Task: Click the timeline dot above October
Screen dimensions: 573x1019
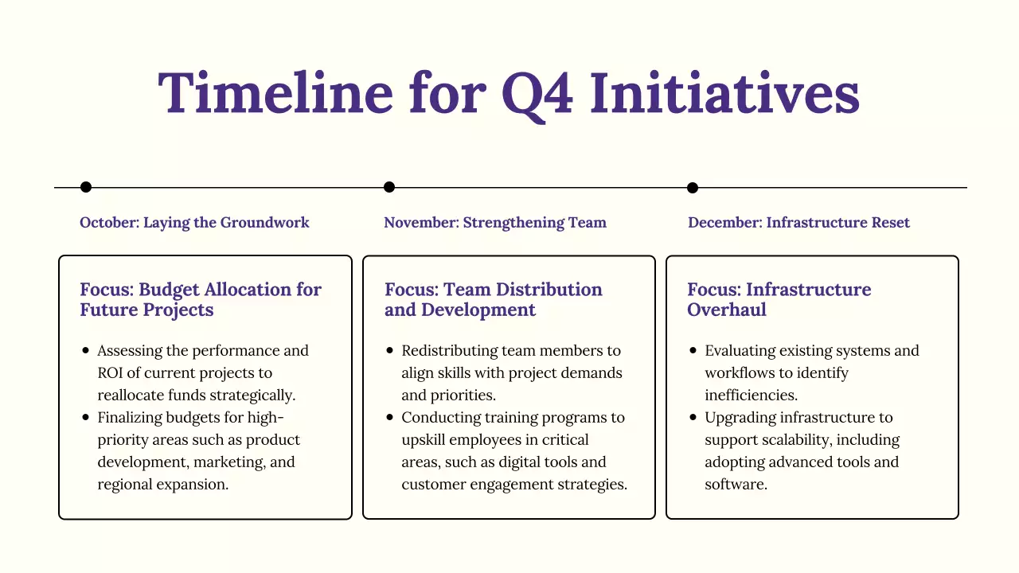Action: (86, 187)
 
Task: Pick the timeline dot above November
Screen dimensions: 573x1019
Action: (389, 187)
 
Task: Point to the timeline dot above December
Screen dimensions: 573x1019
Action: (693, 188)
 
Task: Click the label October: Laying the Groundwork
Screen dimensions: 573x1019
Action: (194, 223)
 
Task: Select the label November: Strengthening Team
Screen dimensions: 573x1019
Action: (495, 223)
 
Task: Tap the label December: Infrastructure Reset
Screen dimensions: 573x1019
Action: (798, 223)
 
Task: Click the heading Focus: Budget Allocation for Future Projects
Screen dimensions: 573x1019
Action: (201, 299)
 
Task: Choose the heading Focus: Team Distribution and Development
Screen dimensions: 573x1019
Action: (494, 299)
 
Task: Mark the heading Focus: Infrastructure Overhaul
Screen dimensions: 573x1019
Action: (779, 299)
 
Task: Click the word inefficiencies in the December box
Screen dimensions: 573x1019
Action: (752, 395)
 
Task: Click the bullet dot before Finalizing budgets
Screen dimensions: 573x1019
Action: (86, 417)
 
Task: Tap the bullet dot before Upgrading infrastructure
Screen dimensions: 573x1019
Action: (693, 417)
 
